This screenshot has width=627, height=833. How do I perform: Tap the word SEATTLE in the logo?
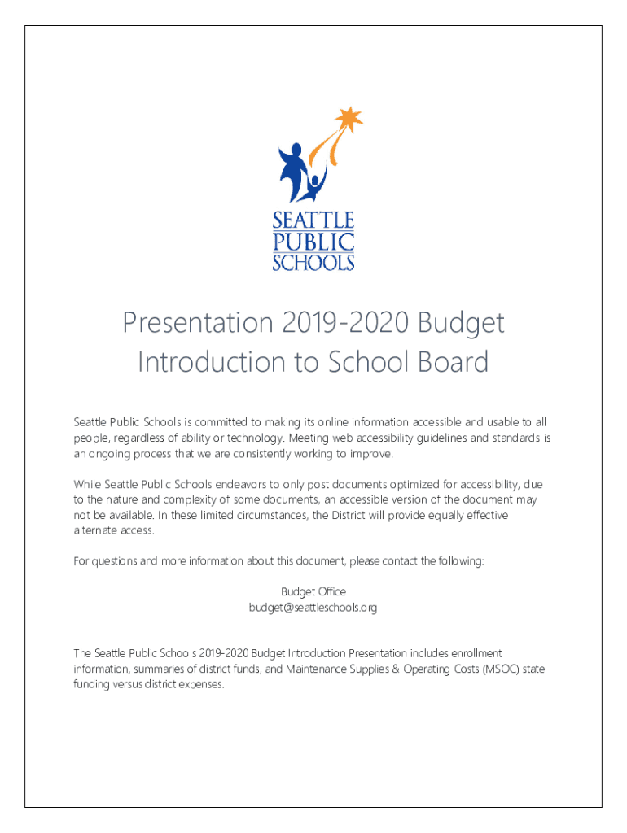313,220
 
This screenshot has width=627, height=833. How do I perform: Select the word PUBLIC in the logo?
313,242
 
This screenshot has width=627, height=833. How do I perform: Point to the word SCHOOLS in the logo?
313,262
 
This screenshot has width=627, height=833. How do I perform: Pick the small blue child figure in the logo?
315,187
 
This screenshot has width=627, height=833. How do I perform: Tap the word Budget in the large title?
463,325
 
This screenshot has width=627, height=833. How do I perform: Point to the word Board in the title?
453,362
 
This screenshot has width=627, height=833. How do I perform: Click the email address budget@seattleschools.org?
313,608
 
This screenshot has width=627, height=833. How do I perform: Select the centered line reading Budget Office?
313,592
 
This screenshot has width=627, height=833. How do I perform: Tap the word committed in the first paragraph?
220,422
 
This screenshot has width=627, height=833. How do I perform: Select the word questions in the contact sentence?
117,561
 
